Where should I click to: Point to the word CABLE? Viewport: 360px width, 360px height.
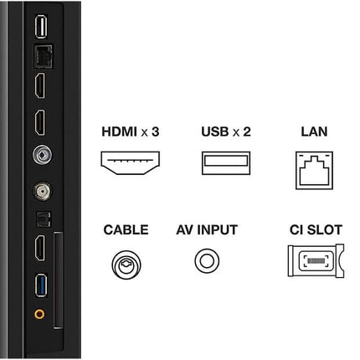tap(126, 229)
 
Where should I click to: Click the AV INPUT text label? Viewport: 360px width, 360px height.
tap(207, 229)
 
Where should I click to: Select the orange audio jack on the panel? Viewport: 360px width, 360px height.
tap(39, 316)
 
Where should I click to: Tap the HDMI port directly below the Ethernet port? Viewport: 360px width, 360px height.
tap(39, 87)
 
